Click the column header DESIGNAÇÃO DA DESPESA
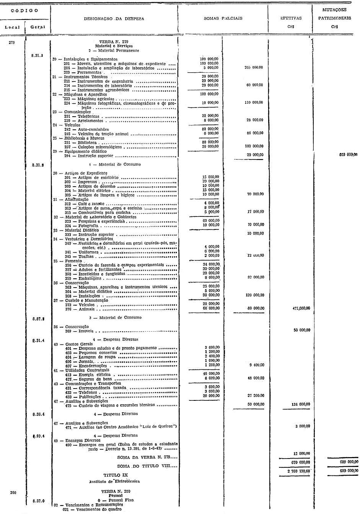pos(114,18)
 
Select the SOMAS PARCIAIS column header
pos(223,18)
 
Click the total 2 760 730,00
pos(299,471)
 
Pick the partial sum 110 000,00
pos(253,102)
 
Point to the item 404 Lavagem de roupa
pos(88,356)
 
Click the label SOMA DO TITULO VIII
pos(147,466)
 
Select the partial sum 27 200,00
pos(254,396)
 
